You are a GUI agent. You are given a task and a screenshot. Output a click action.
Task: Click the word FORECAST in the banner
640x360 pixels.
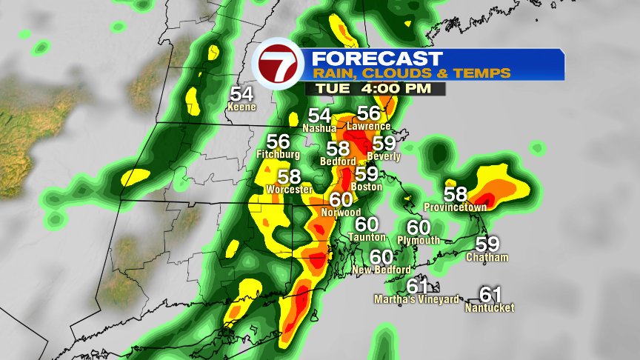pos(376,58)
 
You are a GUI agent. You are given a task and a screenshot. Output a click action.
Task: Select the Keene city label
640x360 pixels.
pos(241,107)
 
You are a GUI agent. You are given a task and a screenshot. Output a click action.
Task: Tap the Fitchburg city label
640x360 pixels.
pos(278,154)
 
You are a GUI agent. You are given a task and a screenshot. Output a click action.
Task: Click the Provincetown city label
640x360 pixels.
pos(456,207)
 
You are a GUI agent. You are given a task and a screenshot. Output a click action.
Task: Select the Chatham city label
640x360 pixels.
pos(487,257)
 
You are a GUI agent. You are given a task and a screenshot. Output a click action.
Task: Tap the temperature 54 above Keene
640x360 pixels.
pos(241,94)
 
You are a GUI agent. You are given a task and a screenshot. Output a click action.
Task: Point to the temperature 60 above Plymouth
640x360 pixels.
pos(419,227)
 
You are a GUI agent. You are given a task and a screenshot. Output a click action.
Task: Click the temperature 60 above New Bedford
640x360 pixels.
pos(381,256)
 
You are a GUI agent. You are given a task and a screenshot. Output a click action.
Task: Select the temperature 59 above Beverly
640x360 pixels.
pos(384,144)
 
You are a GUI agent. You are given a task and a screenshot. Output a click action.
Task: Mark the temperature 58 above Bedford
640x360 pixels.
pos(338,148)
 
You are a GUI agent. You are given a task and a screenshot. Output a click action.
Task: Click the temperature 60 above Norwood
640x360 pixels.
pos(341,200)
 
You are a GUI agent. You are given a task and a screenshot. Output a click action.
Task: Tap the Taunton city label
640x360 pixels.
pos(367,236)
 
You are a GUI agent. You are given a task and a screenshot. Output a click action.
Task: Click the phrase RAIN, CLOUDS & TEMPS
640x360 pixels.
pos(410,73)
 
